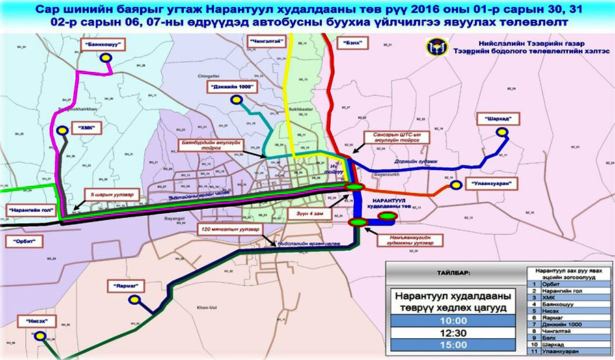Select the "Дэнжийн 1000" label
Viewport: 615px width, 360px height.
pos(231,87)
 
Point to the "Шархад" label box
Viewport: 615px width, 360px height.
pos(499,117)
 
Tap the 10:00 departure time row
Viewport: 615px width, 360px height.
pos(453,320)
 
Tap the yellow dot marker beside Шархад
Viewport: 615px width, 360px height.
pos(506,134)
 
